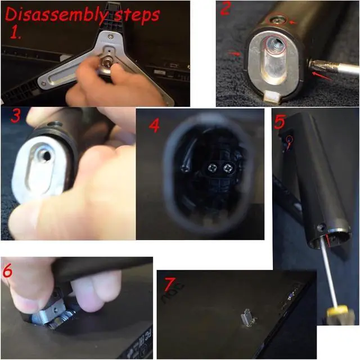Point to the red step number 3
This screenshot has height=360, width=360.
(x=16, y=116)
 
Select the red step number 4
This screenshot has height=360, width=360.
(x=154, y=125)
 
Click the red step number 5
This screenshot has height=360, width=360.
(x=280, y=121)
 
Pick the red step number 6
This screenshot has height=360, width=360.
(x=7, y=271)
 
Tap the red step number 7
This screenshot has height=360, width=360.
(x=170, y=284)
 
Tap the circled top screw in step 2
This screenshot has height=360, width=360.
(x=277, y=20)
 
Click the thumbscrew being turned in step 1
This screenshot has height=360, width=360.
(x=107, y=62)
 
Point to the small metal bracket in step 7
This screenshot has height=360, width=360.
(x=247, y=317)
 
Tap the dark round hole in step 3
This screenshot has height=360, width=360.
(x=47, y=156)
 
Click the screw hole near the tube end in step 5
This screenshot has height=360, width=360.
(x=321, y=228)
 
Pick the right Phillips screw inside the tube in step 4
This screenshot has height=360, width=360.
(x=228, y=169)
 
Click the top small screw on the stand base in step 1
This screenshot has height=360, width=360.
(x=111, y=36)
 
